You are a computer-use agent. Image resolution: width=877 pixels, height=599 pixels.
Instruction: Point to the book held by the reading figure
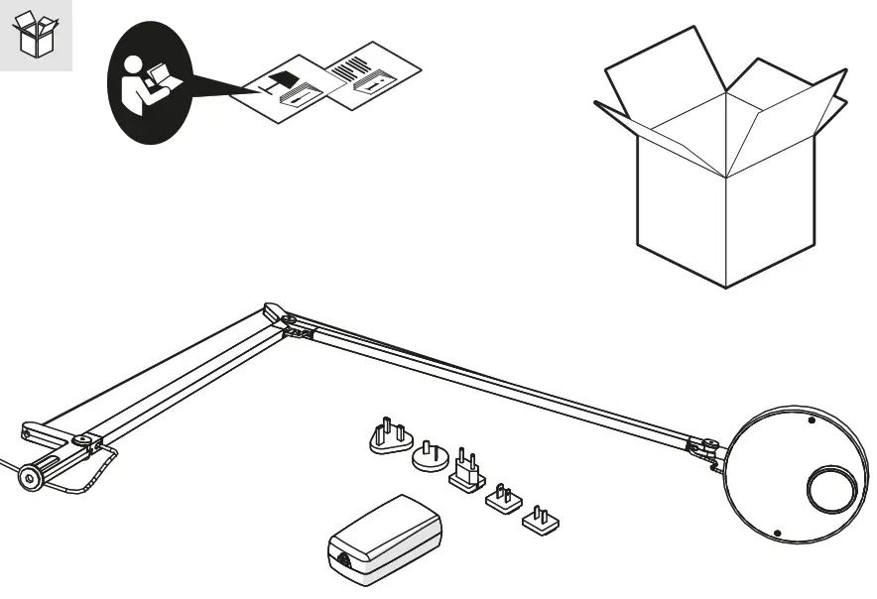click(x=155, y=76)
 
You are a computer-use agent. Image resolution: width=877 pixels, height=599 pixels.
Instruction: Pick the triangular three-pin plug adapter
click(x=388, y=437)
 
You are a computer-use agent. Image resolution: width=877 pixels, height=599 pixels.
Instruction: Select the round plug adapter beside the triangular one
click(x=431, y=457)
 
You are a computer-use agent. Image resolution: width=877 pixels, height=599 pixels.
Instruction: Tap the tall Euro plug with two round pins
click(x=465, y=473)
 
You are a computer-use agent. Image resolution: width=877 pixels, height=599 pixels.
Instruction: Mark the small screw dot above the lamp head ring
click(x=812, y=420)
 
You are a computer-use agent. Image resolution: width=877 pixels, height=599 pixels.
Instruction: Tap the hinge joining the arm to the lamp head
click(x=706, y=448)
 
